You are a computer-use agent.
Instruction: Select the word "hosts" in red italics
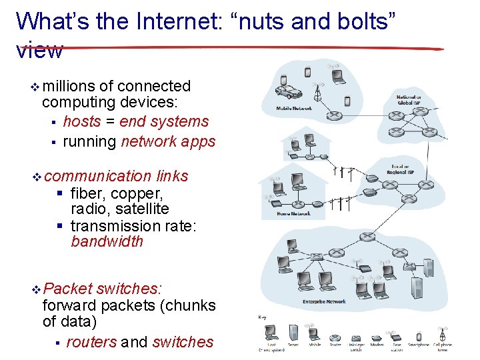coord(82,122)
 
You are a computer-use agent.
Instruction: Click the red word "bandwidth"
coord(107,241)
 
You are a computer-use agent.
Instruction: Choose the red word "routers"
coord(91,342)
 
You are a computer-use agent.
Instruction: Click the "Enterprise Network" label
coord(324,301)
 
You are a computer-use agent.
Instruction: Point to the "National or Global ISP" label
coord(409,100)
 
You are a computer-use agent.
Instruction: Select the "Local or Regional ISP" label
coord(403,169)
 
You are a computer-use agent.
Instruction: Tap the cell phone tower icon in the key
coord(441,334)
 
